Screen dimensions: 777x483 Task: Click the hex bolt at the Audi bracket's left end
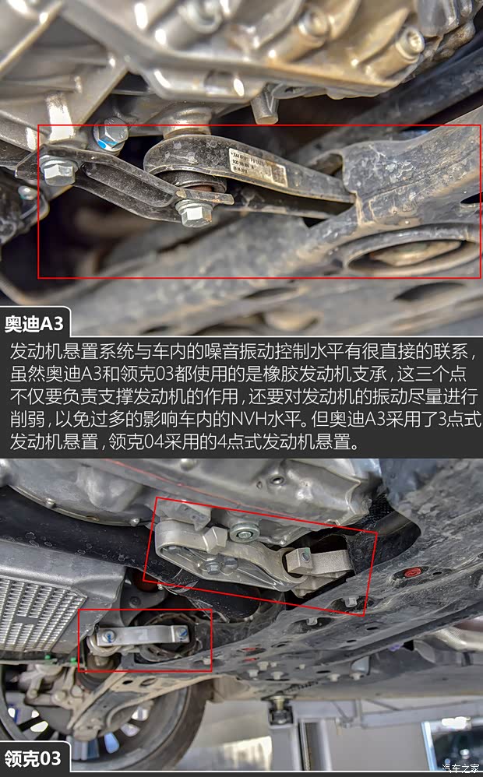tap(56, 170)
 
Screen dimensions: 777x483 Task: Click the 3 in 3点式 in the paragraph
tap(442, 421)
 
